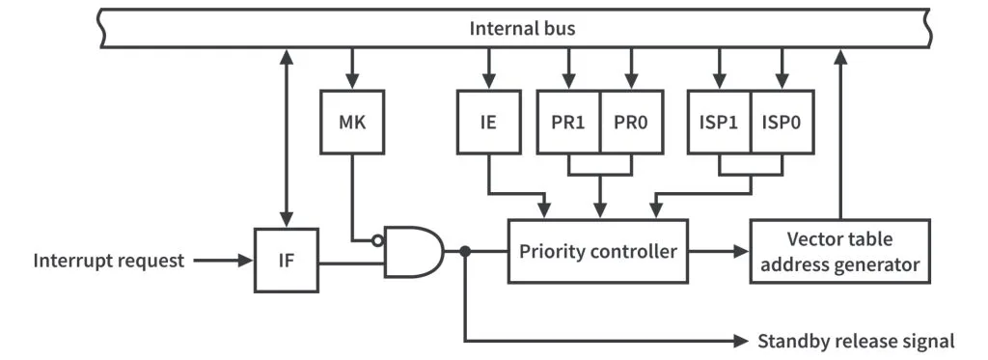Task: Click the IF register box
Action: point(286,260)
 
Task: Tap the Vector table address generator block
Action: point(839,251)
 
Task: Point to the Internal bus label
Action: point(522,28)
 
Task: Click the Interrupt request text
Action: point(109,261)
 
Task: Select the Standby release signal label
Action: point(856,341)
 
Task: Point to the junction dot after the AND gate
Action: point(465,251)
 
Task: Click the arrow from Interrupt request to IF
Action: point(222,261)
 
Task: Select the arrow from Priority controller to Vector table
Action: point(719,251)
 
